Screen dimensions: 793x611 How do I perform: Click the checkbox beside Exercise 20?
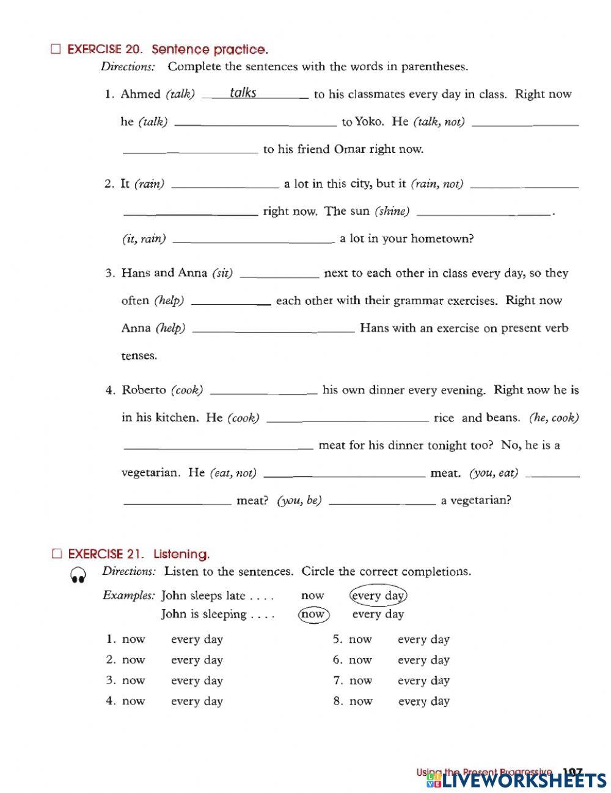(56, 49)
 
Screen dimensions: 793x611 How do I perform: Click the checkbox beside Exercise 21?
(57, 554)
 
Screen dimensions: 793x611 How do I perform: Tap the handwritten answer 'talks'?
(243, 93)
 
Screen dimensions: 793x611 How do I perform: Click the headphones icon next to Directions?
(78, 575)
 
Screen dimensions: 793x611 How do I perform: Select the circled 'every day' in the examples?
(378, 596)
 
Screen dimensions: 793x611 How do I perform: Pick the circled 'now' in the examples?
(313, 615)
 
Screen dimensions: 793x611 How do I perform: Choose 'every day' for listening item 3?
(197, 681)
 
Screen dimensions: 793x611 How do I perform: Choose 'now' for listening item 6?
(360, 660)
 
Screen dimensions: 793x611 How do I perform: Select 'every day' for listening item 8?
(423, 701)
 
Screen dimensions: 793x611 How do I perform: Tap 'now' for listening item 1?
(134, 640)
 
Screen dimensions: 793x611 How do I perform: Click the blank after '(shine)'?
(483, 212)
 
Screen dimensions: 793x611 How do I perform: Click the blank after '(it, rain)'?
(254, 240)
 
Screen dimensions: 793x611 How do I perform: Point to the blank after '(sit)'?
(279, 275)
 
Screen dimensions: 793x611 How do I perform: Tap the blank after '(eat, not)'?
(343, 474)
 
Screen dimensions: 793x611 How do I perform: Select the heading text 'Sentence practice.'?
(210, 49)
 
